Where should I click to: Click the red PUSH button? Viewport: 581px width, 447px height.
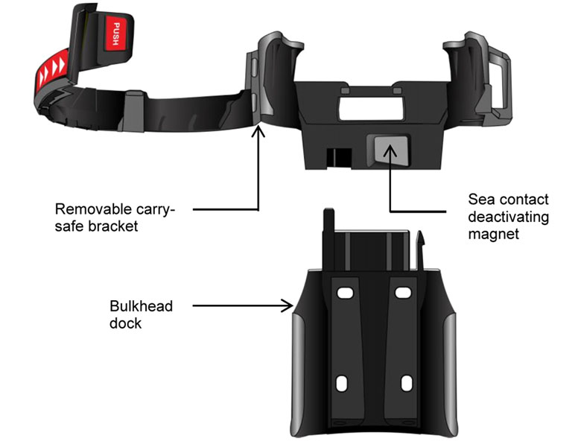click(x=116, y=34)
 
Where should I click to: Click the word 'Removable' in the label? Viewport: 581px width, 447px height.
click(x=92, y=209)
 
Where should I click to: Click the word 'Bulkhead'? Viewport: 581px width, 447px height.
click(x=142, y=306)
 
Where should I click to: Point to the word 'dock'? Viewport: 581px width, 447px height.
click(x=125, y=323)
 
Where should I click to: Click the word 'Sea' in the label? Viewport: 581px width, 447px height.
click(x=482, y=200)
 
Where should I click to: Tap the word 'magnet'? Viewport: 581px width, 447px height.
click(x=494, y=234)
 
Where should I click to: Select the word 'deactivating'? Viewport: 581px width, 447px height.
click(x=508, y=217)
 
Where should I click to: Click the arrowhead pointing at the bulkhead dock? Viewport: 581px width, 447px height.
click(x=288, y=305)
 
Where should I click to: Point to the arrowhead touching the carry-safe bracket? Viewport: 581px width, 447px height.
click(x=258, y=131)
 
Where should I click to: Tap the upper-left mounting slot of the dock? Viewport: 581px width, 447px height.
click(x=345, y=293)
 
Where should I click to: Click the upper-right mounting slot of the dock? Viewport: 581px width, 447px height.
click(x=403, y=293)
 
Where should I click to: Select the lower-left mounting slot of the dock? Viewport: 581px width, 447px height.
click(x=342, y=383)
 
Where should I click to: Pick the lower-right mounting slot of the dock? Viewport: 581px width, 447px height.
click(x=407, y=383)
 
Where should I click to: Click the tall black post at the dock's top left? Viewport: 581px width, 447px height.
click(x=329, y=238)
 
